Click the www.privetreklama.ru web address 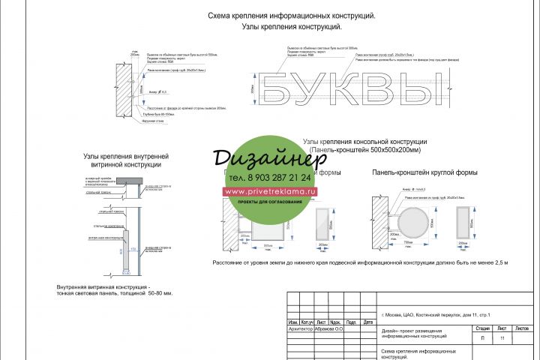(270, 191)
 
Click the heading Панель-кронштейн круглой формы (424, 173)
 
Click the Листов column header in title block (522, 328)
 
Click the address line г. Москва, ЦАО (436, 313)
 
